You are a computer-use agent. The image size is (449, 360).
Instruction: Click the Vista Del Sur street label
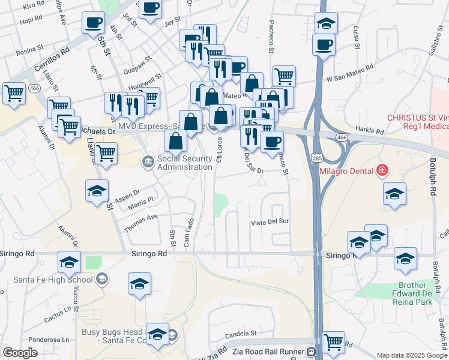tap(270, 222)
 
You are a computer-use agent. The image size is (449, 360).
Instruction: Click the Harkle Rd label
tap(370, 130)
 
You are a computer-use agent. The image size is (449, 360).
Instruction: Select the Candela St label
tap(241, 332)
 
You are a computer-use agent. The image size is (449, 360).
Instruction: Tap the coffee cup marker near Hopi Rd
tap(92, 23)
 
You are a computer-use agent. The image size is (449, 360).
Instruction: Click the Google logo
tap(20, 353)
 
